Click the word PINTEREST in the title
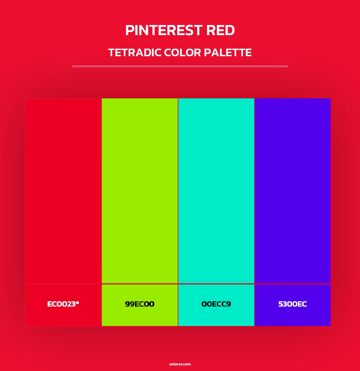pyautogui.click(x=164, y=30)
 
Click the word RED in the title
pyautogui.click(x=220, y=30)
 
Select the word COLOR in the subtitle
pyautogui.click(x=183, y=53)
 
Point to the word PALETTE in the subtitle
pyautogui.click(x=228, y=53)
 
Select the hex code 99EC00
pyautogui.click(x=140, y=304)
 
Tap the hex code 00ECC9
pyautogui.click(x=216, y=304)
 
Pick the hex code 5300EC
pyautogui.click(x=292, y=304)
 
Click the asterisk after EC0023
pyautogui.click(x=77, y=303)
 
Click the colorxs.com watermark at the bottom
pyautogui.click(x=180, y=364)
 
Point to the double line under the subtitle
pyautogui.click(x=180, y=66)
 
